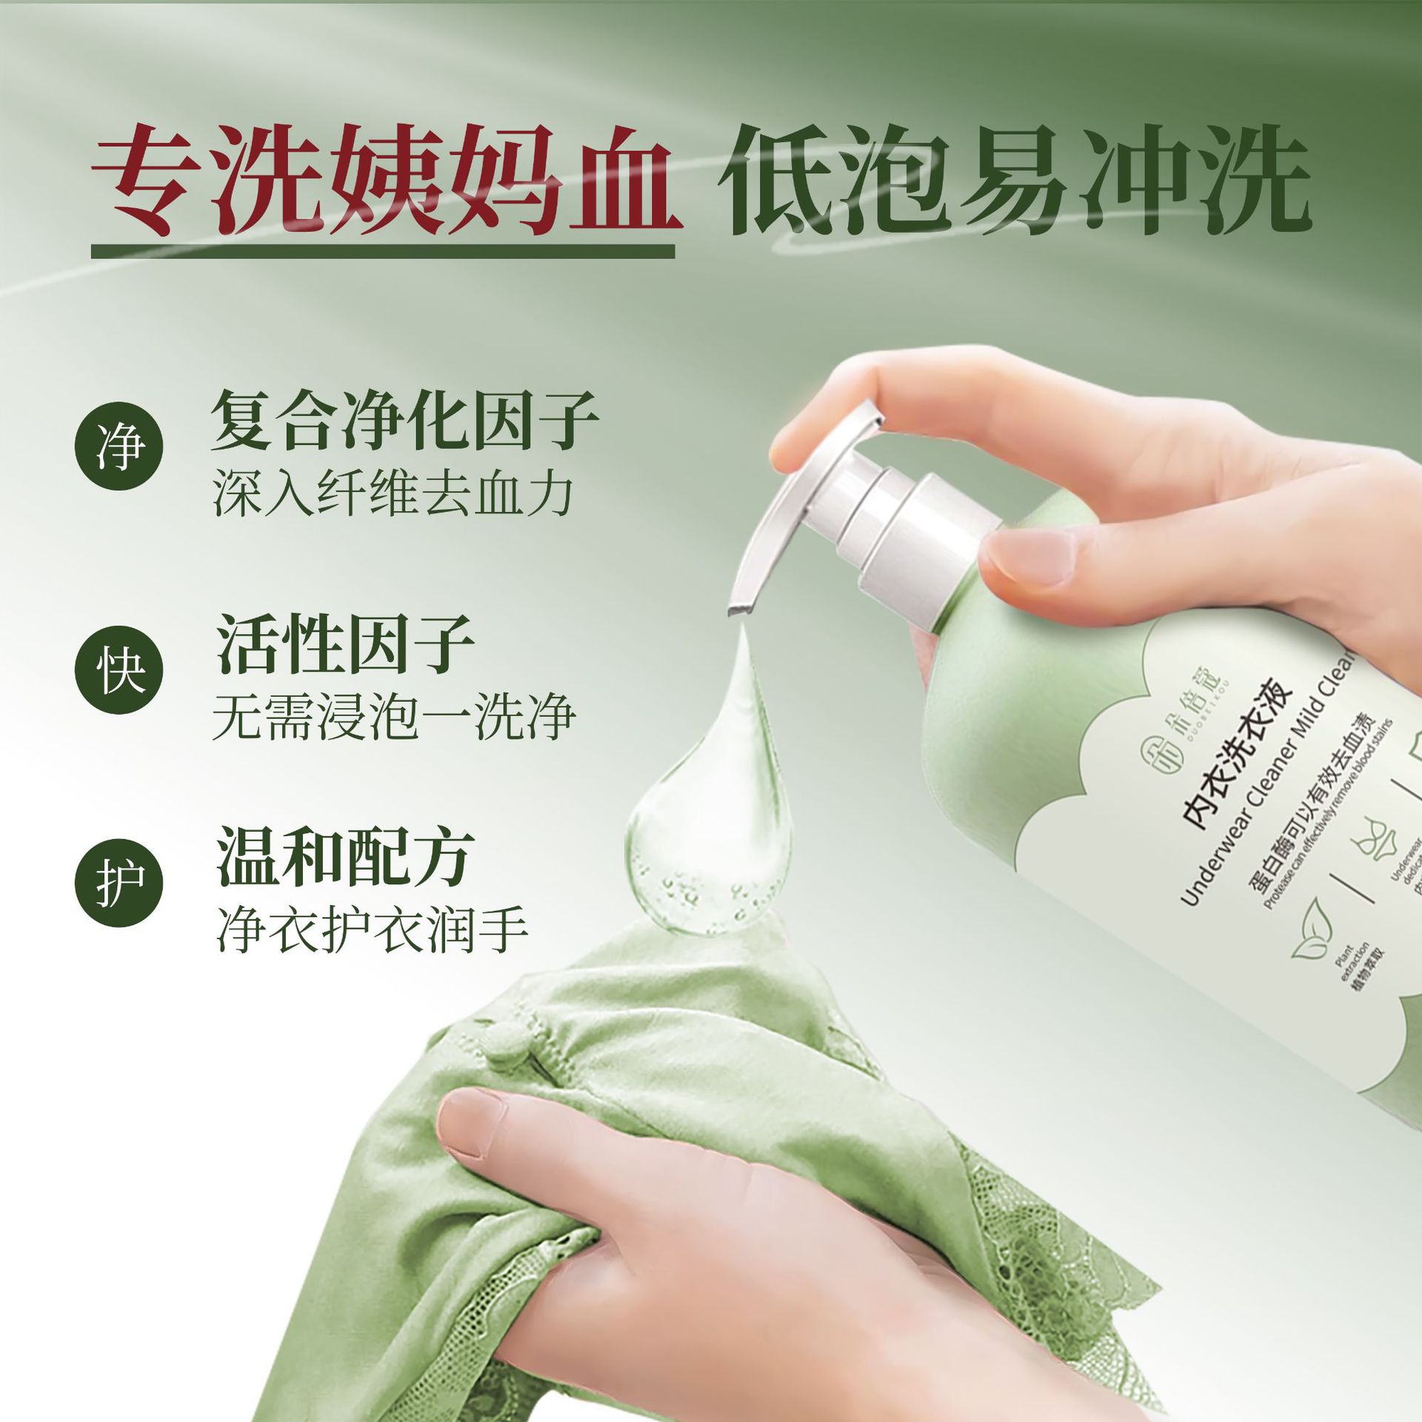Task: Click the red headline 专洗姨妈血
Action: [385, 181]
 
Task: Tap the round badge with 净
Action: [118, 446]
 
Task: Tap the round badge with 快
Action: [118, 670]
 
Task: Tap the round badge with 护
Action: [118, 883]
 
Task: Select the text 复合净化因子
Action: [404, 420]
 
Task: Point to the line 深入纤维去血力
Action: [393, 494]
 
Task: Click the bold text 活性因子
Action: [345, 644]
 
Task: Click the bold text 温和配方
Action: [345, 857]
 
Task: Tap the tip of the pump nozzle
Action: [741, 607]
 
